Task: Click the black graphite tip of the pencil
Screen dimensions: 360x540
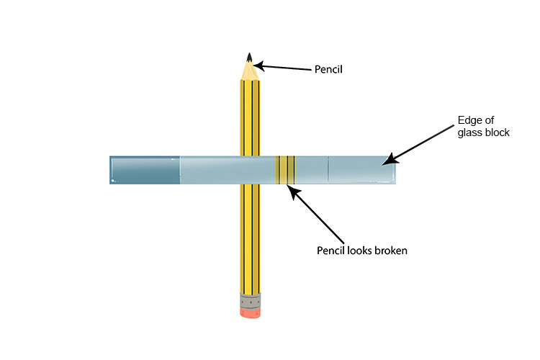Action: [x=249, y=56]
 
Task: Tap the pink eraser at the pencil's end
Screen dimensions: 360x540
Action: [x=248, y=312]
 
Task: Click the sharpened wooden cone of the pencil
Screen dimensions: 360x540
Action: [x=249, y=71]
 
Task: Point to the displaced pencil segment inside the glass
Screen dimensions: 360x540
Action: [x=284, y=170]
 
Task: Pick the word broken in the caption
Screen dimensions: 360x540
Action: [x=392, y=251]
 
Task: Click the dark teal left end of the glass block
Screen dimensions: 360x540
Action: [x=144, y=170]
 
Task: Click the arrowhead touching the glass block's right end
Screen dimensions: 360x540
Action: [x=387, y=161]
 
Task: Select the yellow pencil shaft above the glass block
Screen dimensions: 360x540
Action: [x=249, y=115]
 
